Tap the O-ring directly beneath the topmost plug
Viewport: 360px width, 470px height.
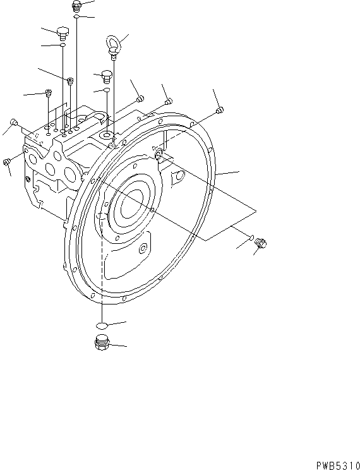click(x=76, y=18)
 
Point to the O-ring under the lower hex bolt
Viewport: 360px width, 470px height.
click(x=107, y=92)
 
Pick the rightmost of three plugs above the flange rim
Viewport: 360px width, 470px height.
click(x=219, y=111)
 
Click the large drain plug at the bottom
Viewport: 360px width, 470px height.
click(x=100, y=344)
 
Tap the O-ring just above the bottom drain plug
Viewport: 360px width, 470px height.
click(x=100, y=325)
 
